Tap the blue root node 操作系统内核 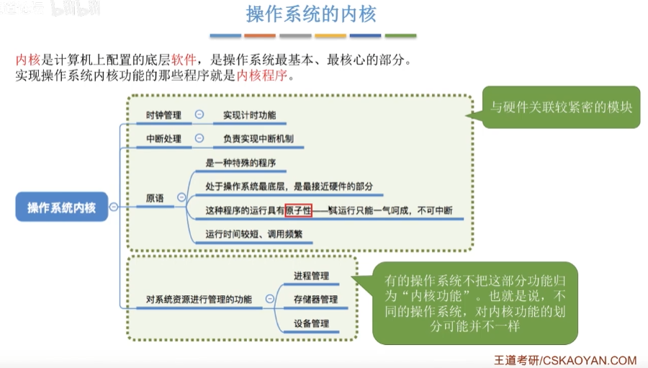point(61,207)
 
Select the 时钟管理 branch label point(163,115)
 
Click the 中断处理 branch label point(163,139)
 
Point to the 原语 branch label point(155,197)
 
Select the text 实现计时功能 point(249,115)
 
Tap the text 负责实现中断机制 point(258,139)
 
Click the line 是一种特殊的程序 point(240,163)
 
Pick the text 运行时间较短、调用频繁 point(253,234)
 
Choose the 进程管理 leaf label point(311,276)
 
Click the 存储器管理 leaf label point(315,299)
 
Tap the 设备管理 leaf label point(311,323)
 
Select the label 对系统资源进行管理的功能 point(199,299)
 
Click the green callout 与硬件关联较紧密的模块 point(561,107)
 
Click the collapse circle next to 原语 point(181,197)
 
